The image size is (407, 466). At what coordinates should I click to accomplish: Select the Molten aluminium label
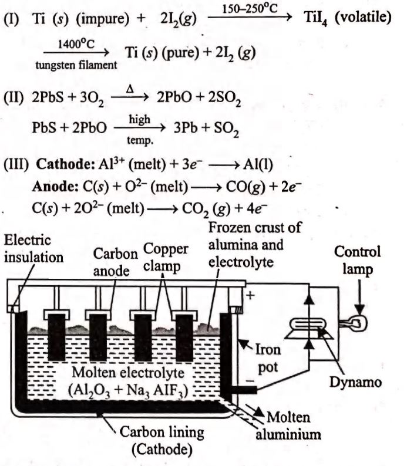point(293,427)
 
